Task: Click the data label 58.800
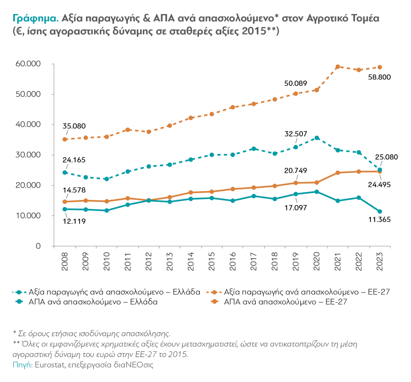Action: point(379,77)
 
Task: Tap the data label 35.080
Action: point(74,126)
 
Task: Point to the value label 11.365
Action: point(379,220)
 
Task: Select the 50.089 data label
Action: point(296,84)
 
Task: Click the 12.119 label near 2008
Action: point(74,221)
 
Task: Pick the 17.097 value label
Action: point(296,208)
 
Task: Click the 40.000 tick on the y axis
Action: point(28,125)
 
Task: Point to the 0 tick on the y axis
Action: point(38,246)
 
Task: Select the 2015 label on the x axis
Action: point(212,262)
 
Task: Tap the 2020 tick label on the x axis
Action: point(316,262)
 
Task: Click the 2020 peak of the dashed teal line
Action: point(317,138)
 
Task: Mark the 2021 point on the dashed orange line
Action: point(338,67)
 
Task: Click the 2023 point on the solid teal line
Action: point(379,212)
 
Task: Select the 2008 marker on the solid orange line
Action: point(65,202)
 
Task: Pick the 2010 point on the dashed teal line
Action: point(107,179)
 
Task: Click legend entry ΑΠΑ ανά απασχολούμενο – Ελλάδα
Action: point(93,302)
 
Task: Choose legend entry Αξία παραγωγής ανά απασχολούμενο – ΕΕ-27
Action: point(307,292)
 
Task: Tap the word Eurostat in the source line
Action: point(50,365)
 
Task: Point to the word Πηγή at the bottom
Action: point(22,365)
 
